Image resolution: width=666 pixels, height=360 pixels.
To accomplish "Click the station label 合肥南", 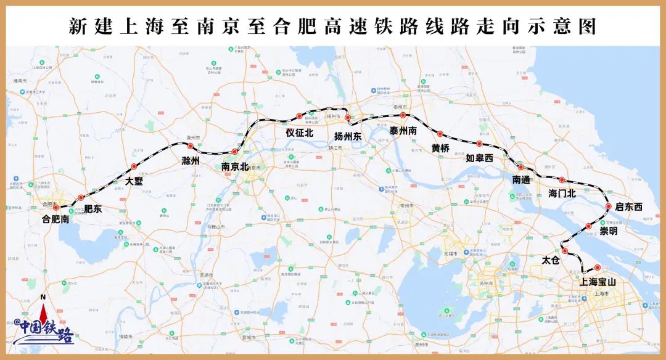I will pos(55,218).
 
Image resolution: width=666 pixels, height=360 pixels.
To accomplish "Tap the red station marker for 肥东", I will pos(81,198).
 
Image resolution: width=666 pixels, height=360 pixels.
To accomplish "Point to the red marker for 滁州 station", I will pos(191,146).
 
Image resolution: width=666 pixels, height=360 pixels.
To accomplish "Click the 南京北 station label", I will pos(234,166).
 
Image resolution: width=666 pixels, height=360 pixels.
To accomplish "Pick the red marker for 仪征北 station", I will pos(299,116).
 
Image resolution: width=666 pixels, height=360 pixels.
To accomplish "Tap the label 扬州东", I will pos(348,137).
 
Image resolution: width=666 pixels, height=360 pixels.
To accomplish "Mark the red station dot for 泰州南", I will pos(403,115).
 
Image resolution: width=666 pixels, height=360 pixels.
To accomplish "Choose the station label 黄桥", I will pos(440,149).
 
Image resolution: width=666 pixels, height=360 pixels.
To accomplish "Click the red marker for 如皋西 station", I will pos(479,144).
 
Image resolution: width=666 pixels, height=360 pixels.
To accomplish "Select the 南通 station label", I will pos(521,180).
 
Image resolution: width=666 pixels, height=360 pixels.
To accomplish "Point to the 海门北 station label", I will pos(562,194).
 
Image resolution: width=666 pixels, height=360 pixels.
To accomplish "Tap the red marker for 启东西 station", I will pos(609,207).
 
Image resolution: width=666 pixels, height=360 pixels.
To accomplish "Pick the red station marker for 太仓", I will pos(564,250).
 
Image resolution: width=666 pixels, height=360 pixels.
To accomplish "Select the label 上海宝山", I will pos(598,282).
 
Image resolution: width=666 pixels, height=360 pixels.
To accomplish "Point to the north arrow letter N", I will pos(43,298).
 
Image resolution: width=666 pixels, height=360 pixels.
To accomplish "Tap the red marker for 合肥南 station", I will pos(56,208).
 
